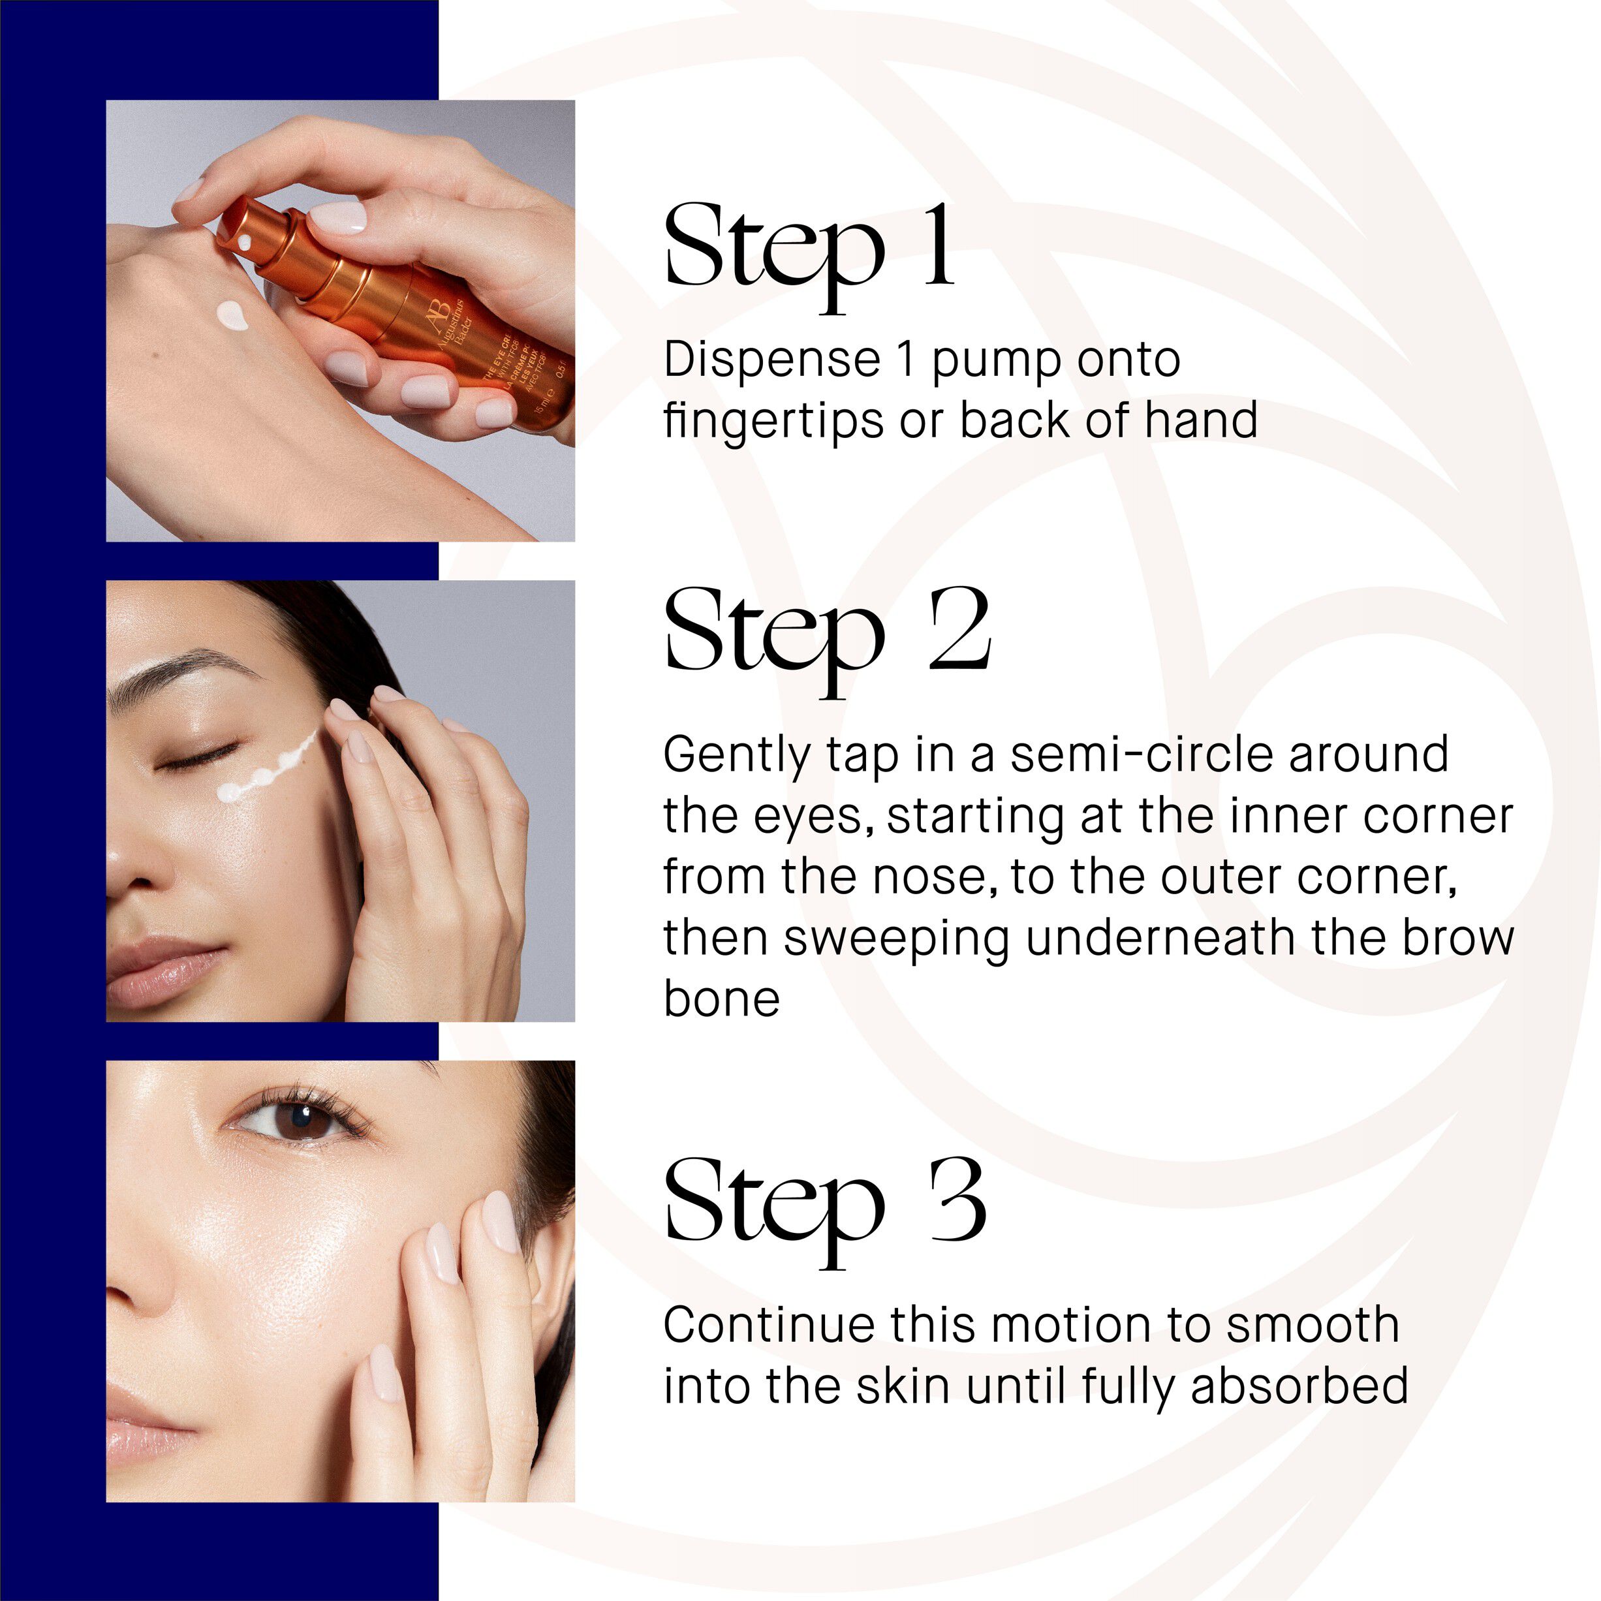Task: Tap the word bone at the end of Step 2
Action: click(x=722, y=999)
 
